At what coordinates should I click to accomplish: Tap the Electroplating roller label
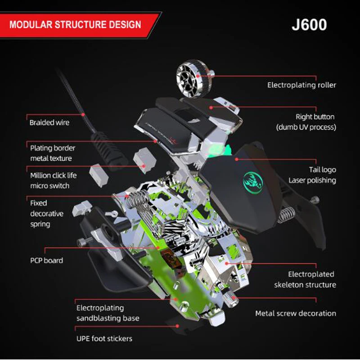pyautogui.click(x=301, y=85)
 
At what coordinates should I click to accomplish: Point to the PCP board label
pyautogui.click(x=46, y=260)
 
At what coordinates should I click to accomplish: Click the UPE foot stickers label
pyautogui.click(x=104, y=338)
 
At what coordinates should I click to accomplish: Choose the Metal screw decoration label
pyautogui.click(x=296, y=313)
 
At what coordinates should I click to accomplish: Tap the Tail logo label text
pyautogui.click(x=322, y=170)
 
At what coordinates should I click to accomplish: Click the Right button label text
pyautogui.click(x=315, y=117)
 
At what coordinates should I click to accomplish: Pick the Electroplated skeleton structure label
pyautogui.click(x=305, y=279)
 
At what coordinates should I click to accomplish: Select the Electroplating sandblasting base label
pyautogui.click(x=108, y=313)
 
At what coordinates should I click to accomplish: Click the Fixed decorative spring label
pyautogui.click(x=46, y=213)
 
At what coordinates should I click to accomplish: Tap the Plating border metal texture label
pyautogui.click(x=52, y=153)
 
